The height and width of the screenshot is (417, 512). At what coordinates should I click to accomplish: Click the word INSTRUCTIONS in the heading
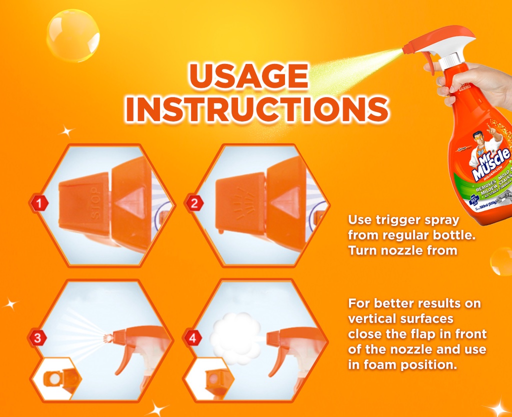[x=257, y=108]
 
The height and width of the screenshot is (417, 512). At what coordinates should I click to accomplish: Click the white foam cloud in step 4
[x=235, y=338]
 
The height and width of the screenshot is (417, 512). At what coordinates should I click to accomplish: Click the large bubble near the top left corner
[x=73, y=35]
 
